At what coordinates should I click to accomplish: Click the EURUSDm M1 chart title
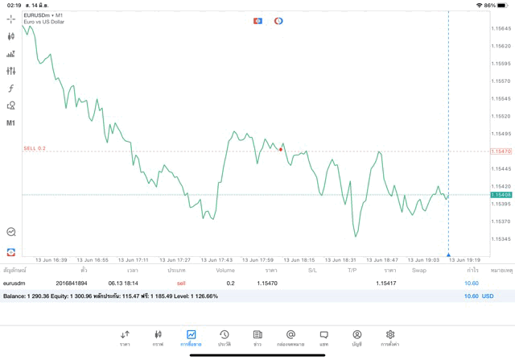tap(43, 14)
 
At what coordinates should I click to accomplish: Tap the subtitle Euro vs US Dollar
tap(44, 22)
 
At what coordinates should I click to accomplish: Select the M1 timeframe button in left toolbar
tap(11, 123)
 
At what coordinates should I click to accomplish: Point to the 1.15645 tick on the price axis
tap(501, 28)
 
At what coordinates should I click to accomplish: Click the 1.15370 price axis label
tap(501, 221)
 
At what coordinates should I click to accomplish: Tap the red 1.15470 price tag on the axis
tap(501, 151)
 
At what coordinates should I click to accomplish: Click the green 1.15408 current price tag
tap(501, 195)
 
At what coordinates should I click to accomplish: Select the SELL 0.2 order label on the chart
tap(35, 148)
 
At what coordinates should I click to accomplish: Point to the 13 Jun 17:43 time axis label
tap(216, 260)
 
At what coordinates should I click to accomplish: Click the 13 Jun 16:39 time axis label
tap(51, 260)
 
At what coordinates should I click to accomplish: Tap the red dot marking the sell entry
tap(281, 149)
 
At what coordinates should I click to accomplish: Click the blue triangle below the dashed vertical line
tap(448, 254)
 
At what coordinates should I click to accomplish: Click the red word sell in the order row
tap(181, 283)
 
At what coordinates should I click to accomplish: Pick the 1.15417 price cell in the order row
tap(385, 283)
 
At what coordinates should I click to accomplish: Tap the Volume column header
tap(225, 271)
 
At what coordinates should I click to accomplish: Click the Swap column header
tap(419, 271)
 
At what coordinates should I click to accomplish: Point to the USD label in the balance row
tap(488, 296)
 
